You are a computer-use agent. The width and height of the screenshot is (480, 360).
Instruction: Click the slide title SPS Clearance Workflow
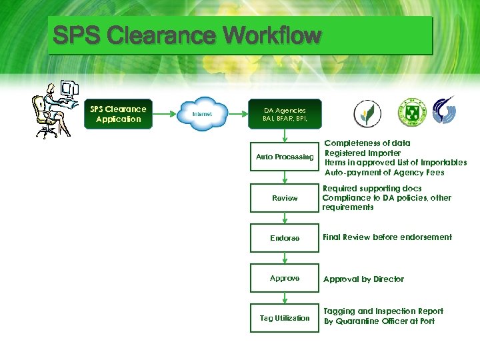(187, 35)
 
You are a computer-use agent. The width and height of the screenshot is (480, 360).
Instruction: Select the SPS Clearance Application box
(118, 114)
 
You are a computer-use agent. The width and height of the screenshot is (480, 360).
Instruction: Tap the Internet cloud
(202, 114)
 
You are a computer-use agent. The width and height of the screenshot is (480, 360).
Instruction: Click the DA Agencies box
(285, 114)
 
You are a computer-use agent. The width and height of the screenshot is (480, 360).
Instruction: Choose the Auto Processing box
(285, 157)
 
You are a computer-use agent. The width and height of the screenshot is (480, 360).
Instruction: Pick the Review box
(285, 198)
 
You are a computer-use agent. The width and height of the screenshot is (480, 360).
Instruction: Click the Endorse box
(285, 238)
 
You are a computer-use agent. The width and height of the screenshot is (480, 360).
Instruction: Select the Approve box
(285, 278)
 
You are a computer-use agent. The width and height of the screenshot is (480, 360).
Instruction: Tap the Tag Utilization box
(285, 318)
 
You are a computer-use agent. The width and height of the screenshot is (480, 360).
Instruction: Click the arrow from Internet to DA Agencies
(239, 114)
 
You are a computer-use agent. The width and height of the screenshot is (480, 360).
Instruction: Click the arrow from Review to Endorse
(285, 219)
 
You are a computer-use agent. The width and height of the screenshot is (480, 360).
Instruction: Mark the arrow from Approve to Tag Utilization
(285, 298)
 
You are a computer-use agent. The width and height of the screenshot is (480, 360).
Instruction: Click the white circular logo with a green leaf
(364, 113)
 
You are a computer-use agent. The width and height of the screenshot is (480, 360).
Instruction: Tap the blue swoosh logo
(445, 111)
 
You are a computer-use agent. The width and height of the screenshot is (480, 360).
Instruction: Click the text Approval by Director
(363, 279)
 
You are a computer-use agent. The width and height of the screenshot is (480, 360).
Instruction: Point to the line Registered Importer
(362, 153)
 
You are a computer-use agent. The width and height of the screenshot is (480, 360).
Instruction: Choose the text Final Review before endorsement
(387, 237)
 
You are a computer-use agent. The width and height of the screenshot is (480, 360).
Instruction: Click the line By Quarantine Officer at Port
(379, 321)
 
